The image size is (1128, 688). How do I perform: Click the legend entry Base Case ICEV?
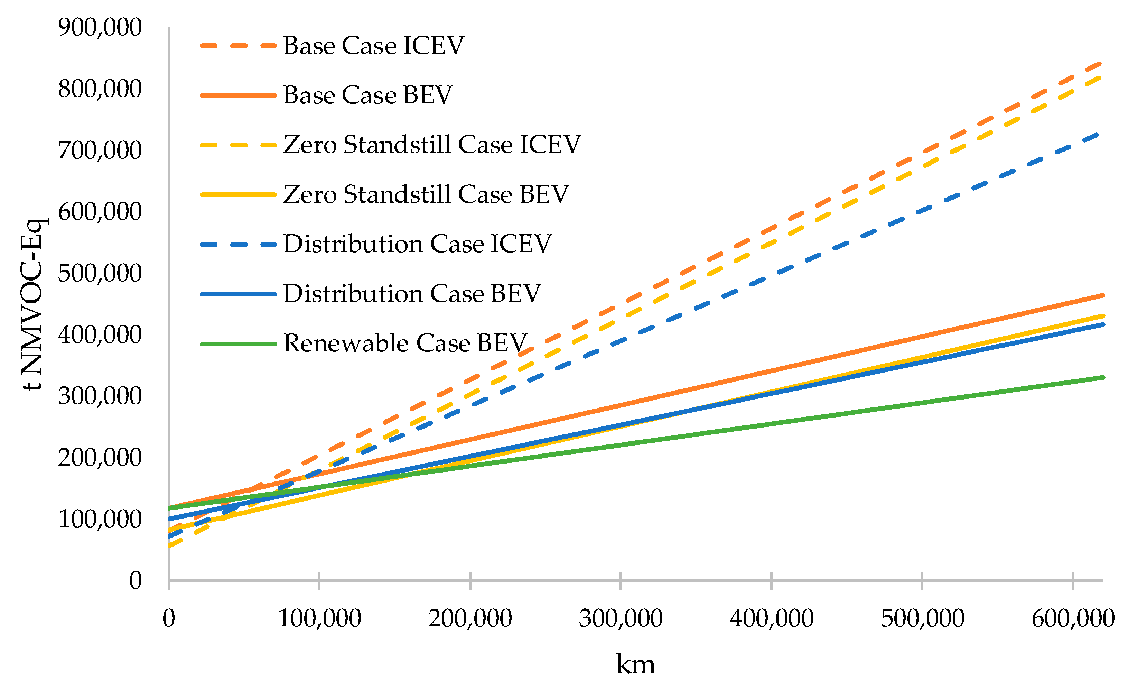pyautogui.click(x=373, y=46)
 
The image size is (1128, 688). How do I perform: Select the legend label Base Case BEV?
pyautogui.click(x=367, y=95)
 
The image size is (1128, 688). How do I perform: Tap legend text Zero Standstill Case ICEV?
pyautogui.click(x=432, y=145)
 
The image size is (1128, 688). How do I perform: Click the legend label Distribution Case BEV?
pyautogui.click(x=412, y=294)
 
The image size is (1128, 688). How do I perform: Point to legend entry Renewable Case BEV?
pyautogui.click(x=405, y=343)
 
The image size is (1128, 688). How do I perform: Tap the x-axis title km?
pyautogui.click(x=635, y=664)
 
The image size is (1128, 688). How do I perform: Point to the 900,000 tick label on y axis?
pyautogui.click(x=100, y=27)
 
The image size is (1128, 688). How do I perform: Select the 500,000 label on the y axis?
pyautogui.click(x=100, y=274)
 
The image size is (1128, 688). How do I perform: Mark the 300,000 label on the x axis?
pyautogui.click(x=620, y=618)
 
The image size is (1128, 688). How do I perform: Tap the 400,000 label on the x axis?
pyautogui.click(x=771, y=618)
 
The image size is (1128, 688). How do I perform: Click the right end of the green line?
pyautogui.click(x=1103, y=377)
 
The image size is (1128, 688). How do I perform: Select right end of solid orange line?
pyautogui.click(x=1103, y=295)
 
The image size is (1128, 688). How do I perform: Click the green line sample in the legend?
pyautogui.click(x=239, y=343)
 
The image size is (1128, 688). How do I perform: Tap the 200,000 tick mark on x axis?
pyautogui.click(x=470, y=581)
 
